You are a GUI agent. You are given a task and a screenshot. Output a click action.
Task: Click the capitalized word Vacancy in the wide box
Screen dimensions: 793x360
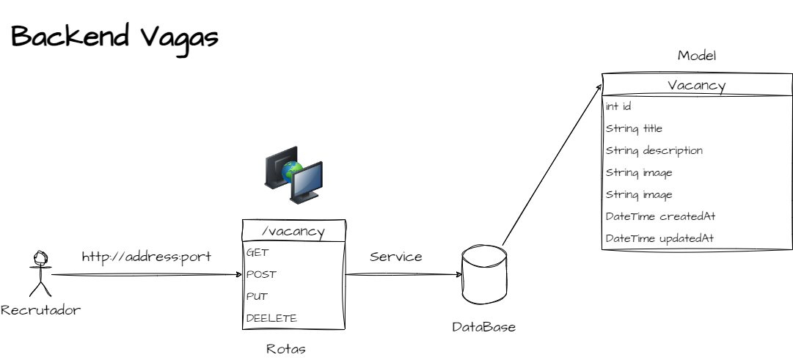696,86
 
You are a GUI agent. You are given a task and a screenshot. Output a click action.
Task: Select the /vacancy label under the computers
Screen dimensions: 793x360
293,232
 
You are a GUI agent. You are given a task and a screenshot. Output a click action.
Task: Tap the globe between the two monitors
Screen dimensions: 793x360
293,171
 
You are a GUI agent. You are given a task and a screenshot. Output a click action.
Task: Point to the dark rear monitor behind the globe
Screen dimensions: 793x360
278,164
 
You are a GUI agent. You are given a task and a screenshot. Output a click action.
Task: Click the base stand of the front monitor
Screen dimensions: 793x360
304,199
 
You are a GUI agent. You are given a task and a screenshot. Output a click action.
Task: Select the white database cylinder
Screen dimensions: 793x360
484,275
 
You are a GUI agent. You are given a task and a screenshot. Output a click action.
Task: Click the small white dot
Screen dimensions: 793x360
40,257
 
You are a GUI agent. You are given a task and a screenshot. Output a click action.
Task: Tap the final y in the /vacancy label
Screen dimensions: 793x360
320,233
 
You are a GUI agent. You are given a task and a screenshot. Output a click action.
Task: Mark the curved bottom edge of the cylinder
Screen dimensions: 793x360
484,301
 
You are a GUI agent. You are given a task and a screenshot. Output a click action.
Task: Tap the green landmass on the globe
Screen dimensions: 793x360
294,168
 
